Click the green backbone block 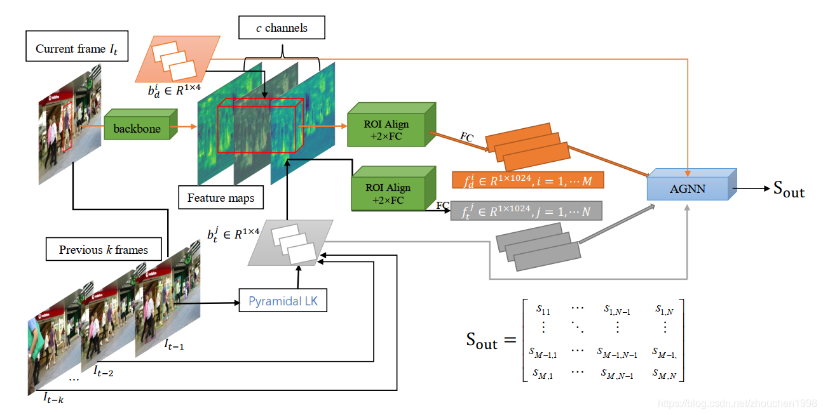(x=140, y=124)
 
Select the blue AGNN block (x=692, y=185)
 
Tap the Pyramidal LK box (x=283, y=301)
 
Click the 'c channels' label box (x=282, y=27)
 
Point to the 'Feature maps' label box (x=221, y=197)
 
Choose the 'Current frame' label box (x=77, y=46)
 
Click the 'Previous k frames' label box (x=104, y=249)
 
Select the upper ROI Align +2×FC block (x=391, y=125)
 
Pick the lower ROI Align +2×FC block (x=393, y=188)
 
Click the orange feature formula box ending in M (x=528, y=180)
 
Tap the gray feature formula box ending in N (x=526, y=211)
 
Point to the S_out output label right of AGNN (x=789, y=189)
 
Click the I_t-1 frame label (x=173, y=344)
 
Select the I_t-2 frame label (x=103, y=371)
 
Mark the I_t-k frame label (x=53, y=397)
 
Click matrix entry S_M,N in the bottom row (x=664, y=374)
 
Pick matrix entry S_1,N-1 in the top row (x=617, y=310)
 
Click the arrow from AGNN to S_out (x=751, y=188)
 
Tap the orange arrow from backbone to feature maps (x=184, y=126)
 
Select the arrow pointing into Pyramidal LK (x=207, y=303)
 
